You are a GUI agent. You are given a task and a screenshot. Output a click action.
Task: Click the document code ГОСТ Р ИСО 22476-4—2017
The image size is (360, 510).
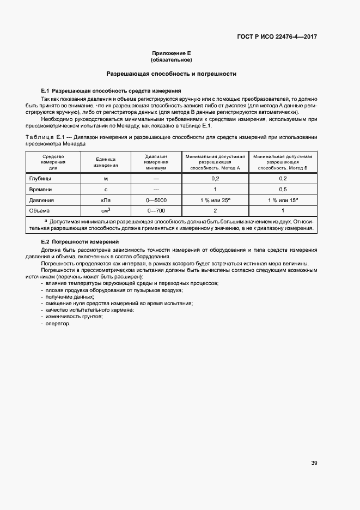[x=277, y=37]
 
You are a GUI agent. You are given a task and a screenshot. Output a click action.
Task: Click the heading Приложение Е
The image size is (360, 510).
[x=172, y=53]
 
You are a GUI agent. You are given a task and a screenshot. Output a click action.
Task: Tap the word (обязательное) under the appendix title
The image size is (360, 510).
[x=172, y=60]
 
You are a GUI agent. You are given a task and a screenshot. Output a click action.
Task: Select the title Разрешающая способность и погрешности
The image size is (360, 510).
[x=172, y=73]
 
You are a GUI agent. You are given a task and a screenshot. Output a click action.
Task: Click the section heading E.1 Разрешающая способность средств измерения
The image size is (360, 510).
[x=111, y=90]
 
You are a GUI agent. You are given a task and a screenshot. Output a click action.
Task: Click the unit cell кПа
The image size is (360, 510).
[x=106, y=200]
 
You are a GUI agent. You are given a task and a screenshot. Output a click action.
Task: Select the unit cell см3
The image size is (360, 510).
[x=106, y=211]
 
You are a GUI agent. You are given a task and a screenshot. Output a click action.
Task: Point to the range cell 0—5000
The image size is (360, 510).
[x=156, y=200]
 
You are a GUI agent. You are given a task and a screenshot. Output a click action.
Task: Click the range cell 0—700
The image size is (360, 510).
[x=156, y=211]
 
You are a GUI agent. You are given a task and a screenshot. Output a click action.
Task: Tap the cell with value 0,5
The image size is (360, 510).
[x=283, y=190]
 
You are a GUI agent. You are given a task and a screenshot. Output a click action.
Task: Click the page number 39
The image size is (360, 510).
[x=314, y=448]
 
